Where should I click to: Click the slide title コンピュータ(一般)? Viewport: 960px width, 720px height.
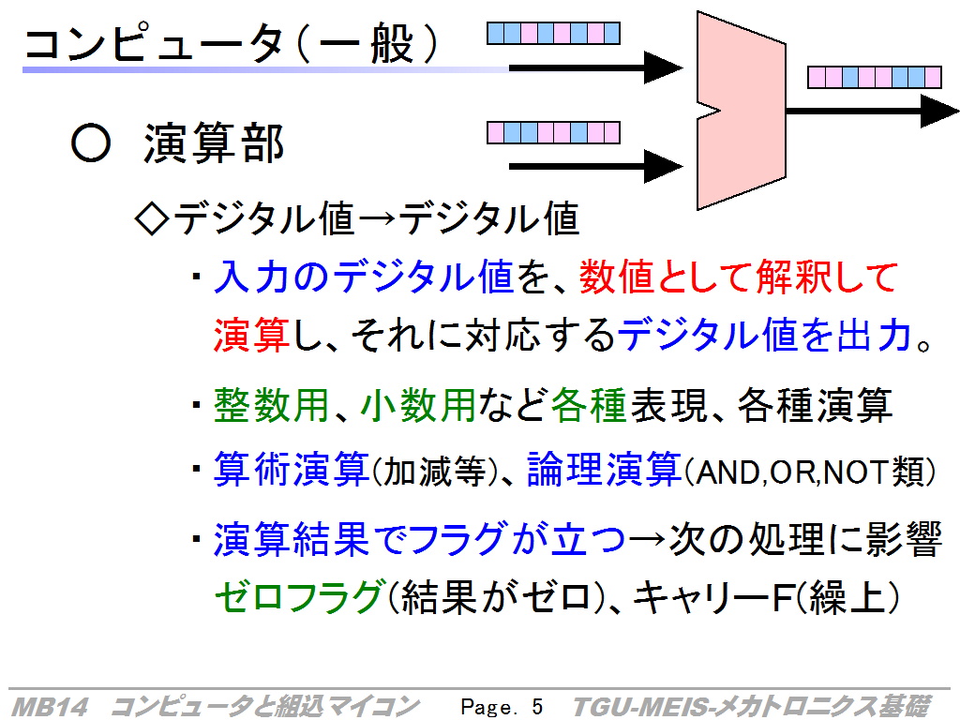pyautogui.click(x=231, y=43)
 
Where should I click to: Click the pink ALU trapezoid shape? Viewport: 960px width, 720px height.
pyautogui.click(x=741, y=111)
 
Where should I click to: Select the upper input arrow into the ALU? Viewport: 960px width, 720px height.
pyautogui.click(x=595, y=67)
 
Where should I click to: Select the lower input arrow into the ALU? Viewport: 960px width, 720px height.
pyautogui.click(x=595, y=166)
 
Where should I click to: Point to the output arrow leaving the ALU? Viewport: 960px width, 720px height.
pyautogui.click(x=873, y=111)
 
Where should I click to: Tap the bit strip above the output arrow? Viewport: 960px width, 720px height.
pyautogui.click(x=875, y=78)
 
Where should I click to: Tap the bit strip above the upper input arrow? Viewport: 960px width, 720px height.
pyautogui.click(x=553, y=33)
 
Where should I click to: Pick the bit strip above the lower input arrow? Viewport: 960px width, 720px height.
pyautogui.click(x=553, y=132)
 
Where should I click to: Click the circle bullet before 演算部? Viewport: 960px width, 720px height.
pyautogui.click(x=91, y=142)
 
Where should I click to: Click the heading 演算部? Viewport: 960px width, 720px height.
pyautogui.click(x=214, y=142)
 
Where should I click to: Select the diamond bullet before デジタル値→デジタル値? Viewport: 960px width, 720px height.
pyautogui.click(x=151, y=218)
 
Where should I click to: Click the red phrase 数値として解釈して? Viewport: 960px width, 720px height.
pyautogui.click(x=739, y=277)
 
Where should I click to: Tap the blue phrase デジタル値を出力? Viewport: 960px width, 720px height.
pyautogui.click(x=765, y=335)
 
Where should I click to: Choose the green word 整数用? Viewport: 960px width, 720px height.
pyautogui.click(x=271, y=405)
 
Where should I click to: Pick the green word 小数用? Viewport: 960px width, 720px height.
pyautogui.click(x=418, y=405)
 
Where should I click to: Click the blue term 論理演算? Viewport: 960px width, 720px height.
pyautogui.click(x=604, y=470)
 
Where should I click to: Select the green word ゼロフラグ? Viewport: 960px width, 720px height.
pyautogui.click(x=299, y=596)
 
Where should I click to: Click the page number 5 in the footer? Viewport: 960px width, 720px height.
pyautogui.click(x=537, y=707)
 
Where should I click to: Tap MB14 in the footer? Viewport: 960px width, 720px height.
pyautogui.click(x=51, y=707)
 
